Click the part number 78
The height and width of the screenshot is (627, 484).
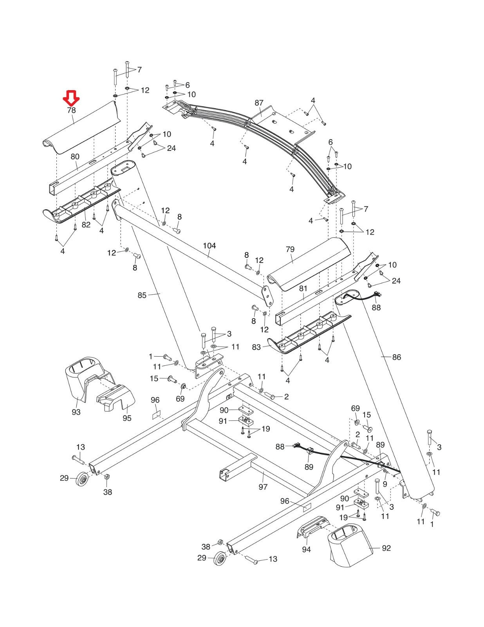coord(71,110)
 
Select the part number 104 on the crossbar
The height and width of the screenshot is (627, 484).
coord(209,246)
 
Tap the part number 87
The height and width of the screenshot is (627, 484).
coord(259,103)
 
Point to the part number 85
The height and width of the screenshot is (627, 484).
coord(142,295)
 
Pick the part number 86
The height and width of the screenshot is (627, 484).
coord(397,357)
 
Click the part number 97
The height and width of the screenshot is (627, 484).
coord(263,487)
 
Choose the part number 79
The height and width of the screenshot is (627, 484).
coord(290,249)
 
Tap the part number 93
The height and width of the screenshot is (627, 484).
coord(76,412)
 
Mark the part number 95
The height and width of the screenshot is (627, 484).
coord(127,419)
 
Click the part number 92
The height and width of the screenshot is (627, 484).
coord(386,548)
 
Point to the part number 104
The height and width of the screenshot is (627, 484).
coord(209,246)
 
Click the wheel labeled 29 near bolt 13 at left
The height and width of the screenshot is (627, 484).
coord(83,480)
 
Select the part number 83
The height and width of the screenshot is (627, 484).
coord(256,347)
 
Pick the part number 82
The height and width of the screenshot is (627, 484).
coord(86,225)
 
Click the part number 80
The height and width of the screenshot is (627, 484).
coord(75,157)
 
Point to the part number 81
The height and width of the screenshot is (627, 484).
coord(303,288)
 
